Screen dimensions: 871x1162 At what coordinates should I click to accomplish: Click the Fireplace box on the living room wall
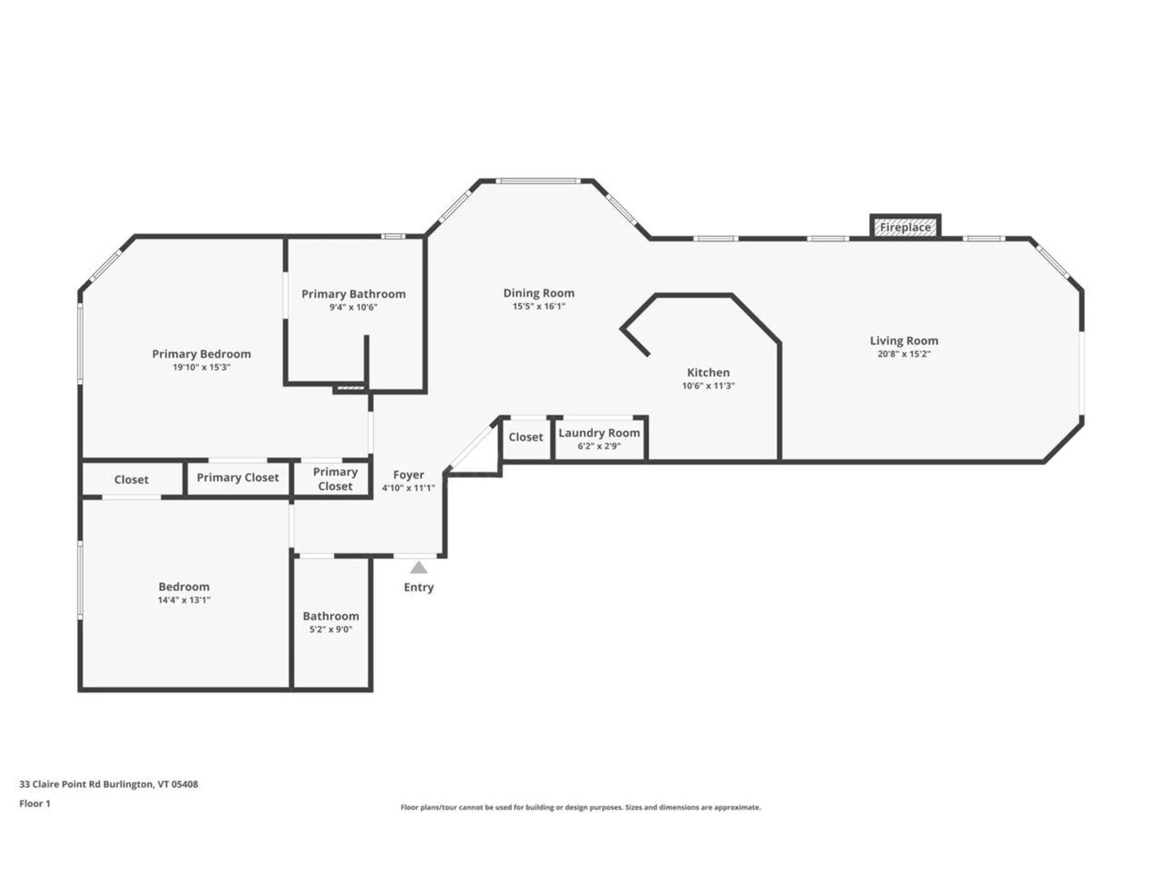click(905, 227)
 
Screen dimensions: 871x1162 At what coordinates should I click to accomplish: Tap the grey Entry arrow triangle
click(419, 567)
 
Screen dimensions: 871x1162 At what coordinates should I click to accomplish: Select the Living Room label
click(904, 341)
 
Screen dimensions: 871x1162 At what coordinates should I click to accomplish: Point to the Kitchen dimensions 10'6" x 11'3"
click(708, 386)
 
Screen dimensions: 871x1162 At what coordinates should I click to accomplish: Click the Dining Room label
click(539, 293)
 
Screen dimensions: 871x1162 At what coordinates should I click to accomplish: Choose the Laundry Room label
click(599, 432)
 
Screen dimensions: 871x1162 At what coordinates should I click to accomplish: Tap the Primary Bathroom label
click(353, 294)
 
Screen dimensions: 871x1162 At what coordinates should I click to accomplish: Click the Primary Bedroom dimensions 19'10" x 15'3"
click(202, 367)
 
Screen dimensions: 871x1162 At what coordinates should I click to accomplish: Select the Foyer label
click(409, 475)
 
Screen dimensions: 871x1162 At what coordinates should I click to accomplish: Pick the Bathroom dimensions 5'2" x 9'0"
click(330, 629)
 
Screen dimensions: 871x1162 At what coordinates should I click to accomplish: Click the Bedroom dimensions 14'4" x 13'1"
click(184, 600)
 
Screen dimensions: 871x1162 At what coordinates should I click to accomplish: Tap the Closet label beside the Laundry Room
click(525, 437)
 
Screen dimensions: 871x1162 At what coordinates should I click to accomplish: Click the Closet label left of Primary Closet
click(131, 480)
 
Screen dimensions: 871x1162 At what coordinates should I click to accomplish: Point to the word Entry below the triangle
click(419, 587)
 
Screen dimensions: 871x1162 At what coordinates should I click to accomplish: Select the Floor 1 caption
click(34, 803)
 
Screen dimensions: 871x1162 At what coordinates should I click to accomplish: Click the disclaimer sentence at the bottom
click(580, 807)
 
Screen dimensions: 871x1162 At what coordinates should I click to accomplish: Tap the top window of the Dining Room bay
click(538, 181)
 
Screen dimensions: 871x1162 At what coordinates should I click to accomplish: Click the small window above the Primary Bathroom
click(393, 237)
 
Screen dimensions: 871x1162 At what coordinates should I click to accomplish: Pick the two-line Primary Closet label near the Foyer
click(335, 478)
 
